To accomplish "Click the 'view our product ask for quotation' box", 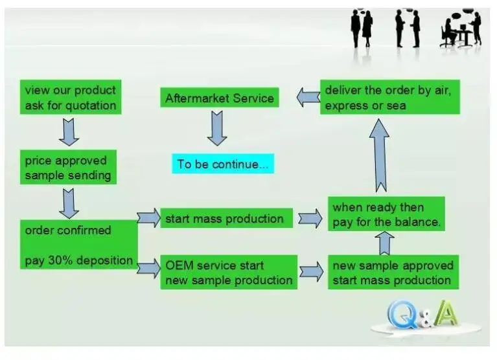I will click(x=70, y=98).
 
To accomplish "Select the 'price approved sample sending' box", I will click(x=67, y=168).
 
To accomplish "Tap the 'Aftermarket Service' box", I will click(x=220, y=98).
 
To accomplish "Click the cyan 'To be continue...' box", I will click(x=222, y=164).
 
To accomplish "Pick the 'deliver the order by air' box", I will click(x=389, y=97).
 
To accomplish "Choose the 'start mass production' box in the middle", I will click(x=225, y=218).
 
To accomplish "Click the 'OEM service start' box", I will click(x=228, y=272).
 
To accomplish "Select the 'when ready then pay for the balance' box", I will click(x=386, y=214).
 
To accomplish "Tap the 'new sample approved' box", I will click(x=393, y=272).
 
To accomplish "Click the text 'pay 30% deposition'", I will click(x=79, y=261).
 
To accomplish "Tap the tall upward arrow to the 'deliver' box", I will click(x=379, y=155).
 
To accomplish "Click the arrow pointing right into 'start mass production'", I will click(x=148, y=218).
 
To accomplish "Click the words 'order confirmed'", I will click(x=68, y=231).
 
